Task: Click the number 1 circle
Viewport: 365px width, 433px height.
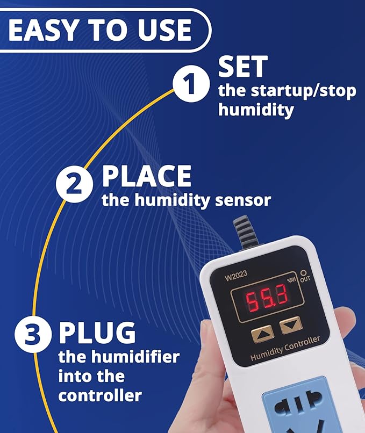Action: pyautogui.click(x=190, y=85)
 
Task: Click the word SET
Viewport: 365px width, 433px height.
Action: pyautogui.click(x=242, y=68)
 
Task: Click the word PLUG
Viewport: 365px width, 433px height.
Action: pyautogui.click(x=97, y=333)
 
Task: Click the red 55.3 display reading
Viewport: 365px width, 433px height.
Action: pyautogui.click(x=267, y=296)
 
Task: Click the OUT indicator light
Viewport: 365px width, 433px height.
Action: pyautogui.click(x=303, y=273)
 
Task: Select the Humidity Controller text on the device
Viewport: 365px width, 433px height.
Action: pyautogui.click(x=285, y=348)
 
